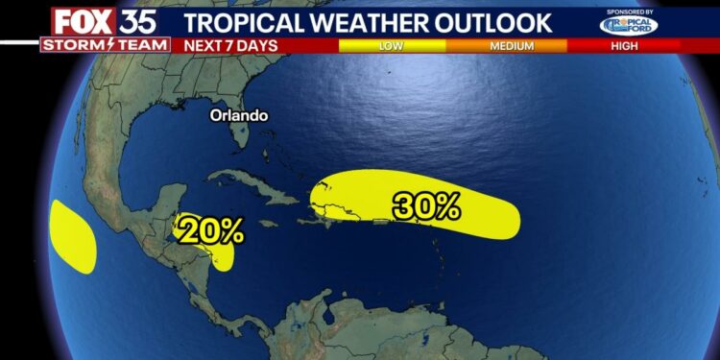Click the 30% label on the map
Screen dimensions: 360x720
(426, 205)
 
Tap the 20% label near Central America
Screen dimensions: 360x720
(209, 230)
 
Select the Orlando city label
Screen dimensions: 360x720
(240, 115)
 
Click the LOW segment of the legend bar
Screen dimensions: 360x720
(392, 45)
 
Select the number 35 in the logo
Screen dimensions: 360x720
(139, 20)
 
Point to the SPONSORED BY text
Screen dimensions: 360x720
(630, 12)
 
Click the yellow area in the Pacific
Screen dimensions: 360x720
(73, 235)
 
